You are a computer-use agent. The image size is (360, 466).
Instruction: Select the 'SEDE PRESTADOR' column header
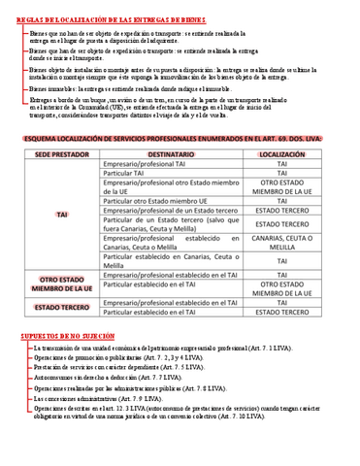click(x=62, y=155)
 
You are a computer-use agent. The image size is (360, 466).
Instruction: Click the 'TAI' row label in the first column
click(x=62, y=214)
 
